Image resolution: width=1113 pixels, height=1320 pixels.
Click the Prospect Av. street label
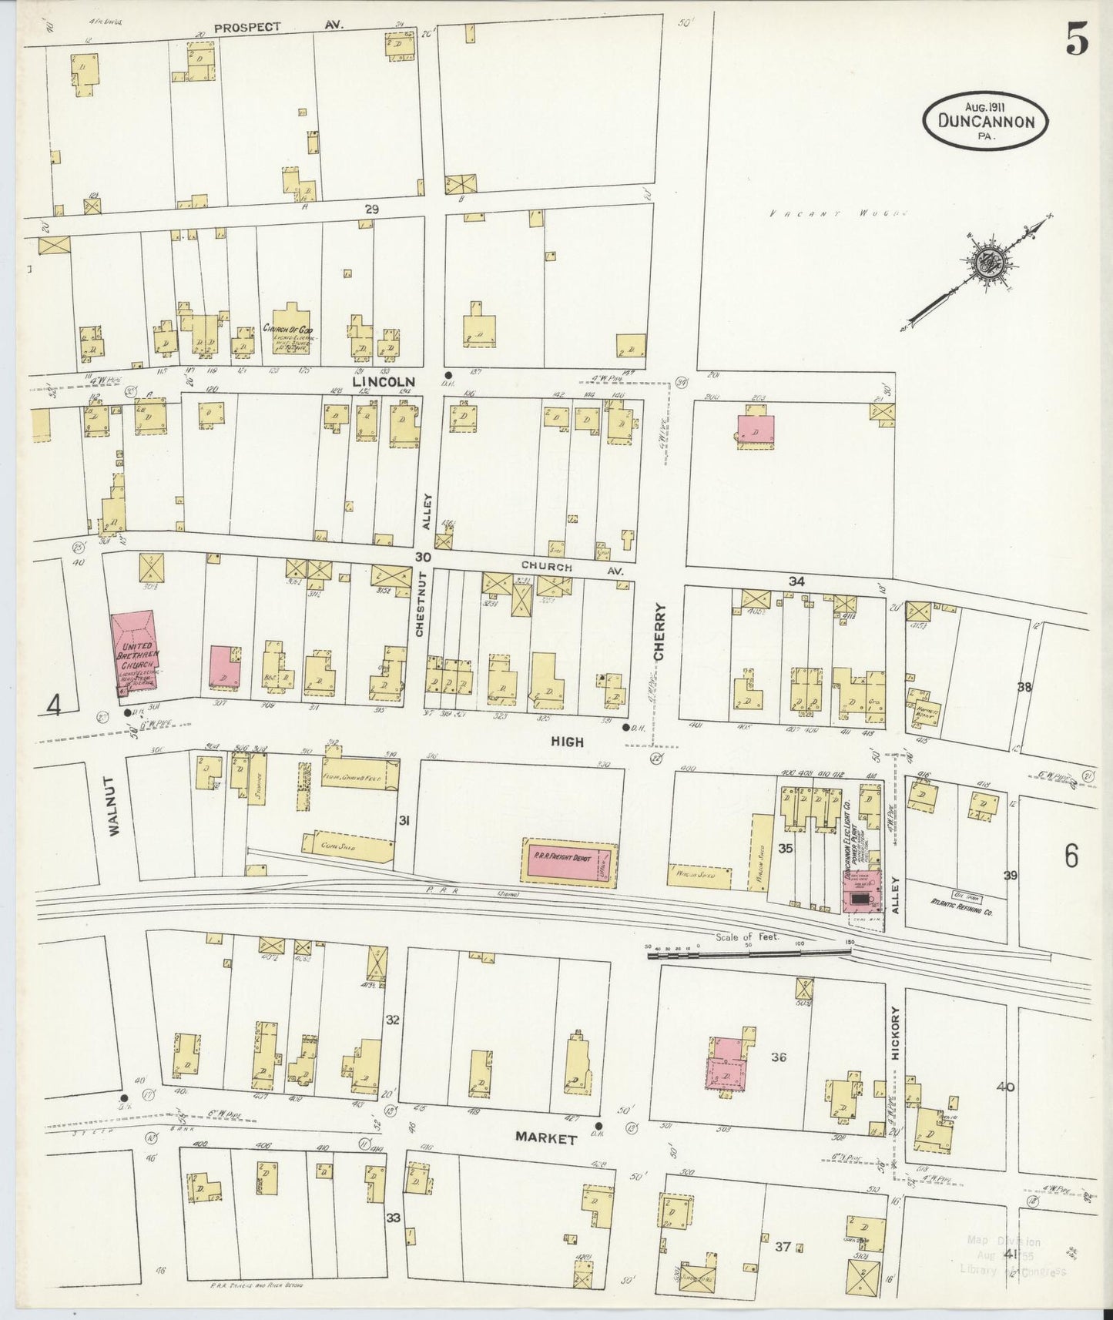pyautogui.click(x=279, y=26)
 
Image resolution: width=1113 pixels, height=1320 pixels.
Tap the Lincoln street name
pyautogui.click(x=384, y=381)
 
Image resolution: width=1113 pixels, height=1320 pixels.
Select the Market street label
pyautogui.click(x=546, y=1138)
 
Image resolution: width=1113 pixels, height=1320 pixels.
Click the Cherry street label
pyautogui.click(x=659, y=632)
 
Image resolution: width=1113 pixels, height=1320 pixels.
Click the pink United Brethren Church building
pyautogui.click(x=136, y=653)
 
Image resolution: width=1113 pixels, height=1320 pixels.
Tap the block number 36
pyautogui.click(x=778, y=1057)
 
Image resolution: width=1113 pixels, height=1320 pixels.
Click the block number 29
pyautogui.click(x=372, y=209)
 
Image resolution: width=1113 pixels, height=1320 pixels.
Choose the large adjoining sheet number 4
pyautogui.click(x=53, y=704)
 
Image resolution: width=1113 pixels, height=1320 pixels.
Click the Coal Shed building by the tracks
pyautogui.click(x=347, y=846)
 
